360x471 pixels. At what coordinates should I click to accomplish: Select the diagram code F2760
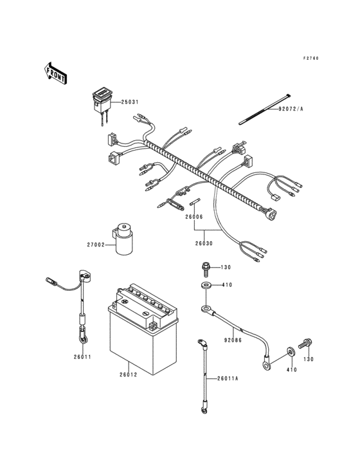[x=311, y=59]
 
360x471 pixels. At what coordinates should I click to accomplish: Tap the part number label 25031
[x=129, y=102]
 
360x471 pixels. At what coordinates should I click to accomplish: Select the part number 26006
[x=194, y=217]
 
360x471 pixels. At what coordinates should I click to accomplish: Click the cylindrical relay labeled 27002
[x=124, y=239]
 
